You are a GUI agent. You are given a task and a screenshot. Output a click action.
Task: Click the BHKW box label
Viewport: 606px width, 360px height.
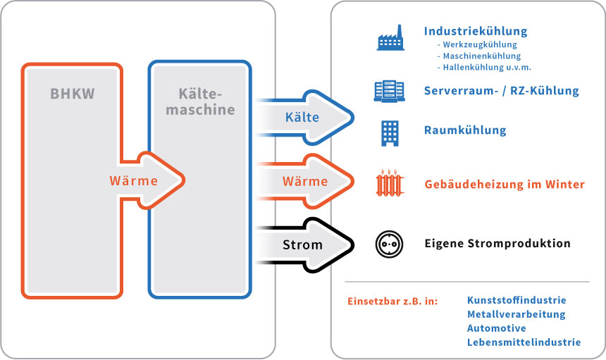click(x=73, y=94)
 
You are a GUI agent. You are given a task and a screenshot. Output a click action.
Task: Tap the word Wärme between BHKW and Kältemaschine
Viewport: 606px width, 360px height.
click(x=133, y=180)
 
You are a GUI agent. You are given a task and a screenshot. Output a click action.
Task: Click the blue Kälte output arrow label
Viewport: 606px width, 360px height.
click(x=302, y=117)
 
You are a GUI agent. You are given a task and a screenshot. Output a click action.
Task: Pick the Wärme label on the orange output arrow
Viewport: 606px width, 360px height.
click(x=305, y=181)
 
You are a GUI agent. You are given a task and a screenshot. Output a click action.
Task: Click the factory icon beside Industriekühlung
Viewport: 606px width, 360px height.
click(x=390, y=38)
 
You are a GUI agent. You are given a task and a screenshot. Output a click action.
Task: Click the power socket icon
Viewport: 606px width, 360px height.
click(x=390, y=244)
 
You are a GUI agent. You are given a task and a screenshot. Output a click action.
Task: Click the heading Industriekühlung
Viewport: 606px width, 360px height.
click(x=475, y=31)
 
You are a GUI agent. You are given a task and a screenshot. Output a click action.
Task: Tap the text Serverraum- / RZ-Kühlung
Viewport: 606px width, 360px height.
click(x=501, y=91)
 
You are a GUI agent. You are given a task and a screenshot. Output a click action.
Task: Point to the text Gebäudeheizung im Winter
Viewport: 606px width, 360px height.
click(x=504, y=185)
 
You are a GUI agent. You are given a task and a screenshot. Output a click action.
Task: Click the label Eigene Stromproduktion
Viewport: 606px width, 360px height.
click(x=497, y=244)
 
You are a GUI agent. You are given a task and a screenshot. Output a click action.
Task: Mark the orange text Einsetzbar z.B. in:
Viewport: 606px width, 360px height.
click(x=392, y=301)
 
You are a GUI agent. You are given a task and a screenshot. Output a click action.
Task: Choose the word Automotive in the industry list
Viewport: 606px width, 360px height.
click(x=496, y=328)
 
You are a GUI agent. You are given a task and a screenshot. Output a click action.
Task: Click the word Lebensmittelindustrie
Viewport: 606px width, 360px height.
click(x=524, y=342)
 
